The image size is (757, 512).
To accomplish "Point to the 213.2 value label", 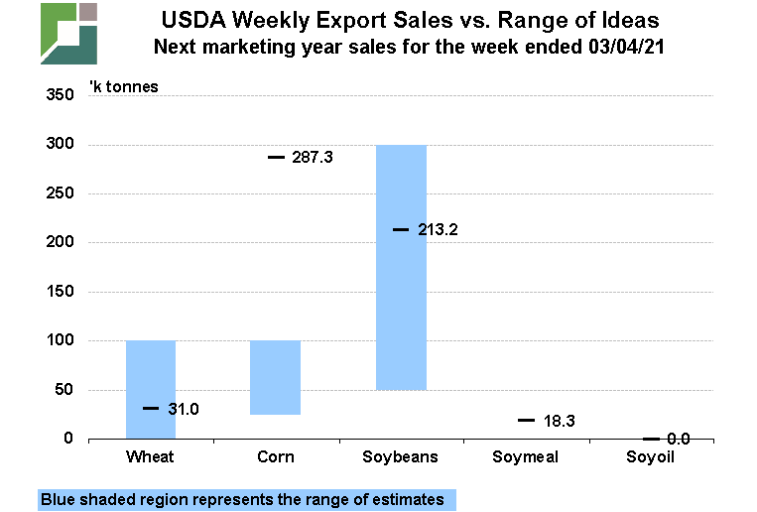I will tap(439, 229).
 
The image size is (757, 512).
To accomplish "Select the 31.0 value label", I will tap(185, 408).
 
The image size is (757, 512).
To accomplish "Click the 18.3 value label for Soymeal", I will tap(561, 421).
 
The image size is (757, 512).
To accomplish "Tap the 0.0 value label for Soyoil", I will tap(678, 438).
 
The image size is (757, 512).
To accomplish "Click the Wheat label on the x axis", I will tap(151, 457).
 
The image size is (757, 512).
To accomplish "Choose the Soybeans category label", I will tap(401, 457).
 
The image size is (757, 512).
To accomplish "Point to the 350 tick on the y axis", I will tap(60, 95).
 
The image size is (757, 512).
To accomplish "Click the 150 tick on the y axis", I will tap(60, 292).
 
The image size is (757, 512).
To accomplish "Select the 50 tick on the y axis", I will tap(63, 390).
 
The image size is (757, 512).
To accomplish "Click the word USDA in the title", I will tap(190, 19).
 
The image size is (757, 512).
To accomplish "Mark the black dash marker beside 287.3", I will tap(276, 157).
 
